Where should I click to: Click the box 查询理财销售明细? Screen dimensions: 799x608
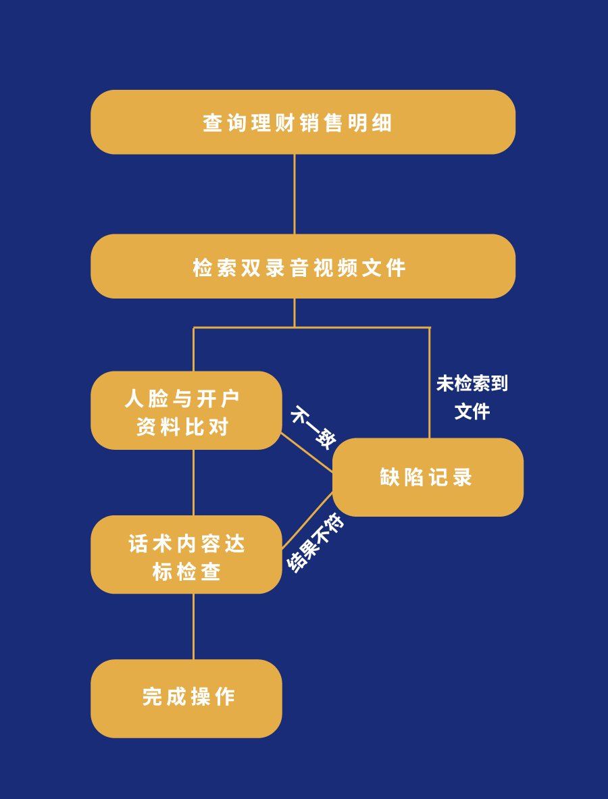pyautogui.click(x=303, y=122)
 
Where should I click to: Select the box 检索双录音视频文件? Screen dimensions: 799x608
pyautogui.click(x=303, y=266)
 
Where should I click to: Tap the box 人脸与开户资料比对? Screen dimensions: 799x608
pyautogui.click(x=186, y=410)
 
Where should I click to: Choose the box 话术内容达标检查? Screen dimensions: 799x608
pyautogui.click(x=186, y=555)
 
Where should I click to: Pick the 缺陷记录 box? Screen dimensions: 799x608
pyautogui.click(x=428, y=477)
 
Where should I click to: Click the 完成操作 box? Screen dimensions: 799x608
pyautogui.click(x=186, y=698)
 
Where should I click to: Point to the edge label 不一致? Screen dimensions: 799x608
pyautogui.click(x=313, y=427)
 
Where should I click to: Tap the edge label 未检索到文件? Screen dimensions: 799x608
pyautogui.click(x=472, y=397)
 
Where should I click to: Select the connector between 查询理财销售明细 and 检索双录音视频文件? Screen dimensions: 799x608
pyautogui.click(x=295, y=194)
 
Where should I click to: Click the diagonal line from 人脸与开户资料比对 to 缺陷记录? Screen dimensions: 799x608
pyautogui.click(x=307, y=453)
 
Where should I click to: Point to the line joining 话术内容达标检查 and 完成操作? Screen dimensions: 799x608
pyautogui.click(x=194, y=626)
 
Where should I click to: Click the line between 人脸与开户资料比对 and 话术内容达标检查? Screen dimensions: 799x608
pyautogui.click(x=194, y=482)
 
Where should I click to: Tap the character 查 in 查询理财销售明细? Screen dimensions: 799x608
pyautogui.click(x=213, y=123)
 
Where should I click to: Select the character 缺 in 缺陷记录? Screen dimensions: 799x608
pyautogui.click(x=390, y=478)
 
